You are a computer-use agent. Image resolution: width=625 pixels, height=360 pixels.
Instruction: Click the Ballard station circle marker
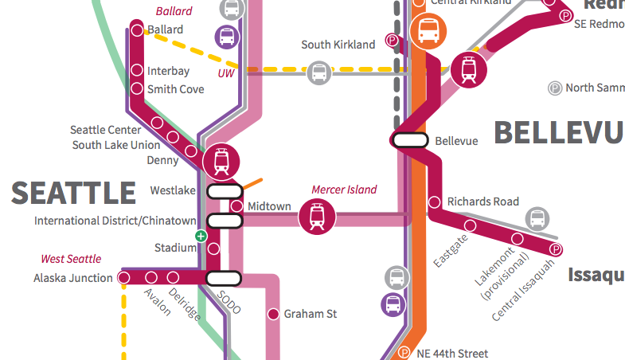coord(137,30)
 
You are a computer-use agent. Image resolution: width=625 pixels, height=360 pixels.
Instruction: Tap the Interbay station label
coord(168,71)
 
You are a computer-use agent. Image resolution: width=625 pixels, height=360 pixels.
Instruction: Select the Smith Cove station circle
coord(137,88)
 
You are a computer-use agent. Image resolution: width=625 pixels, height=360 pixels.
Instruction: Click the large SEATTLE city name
coord(73,193)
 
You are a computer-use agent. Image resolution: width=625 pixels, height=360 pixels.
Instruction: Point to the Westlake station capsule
coord(225,191)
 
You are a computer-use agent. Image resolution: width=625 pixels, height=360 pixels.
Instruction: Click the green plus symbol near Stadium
coord(201,236)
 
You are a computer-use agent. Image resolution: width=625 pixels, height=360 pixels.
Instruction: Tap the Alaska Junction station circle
coord(123,278)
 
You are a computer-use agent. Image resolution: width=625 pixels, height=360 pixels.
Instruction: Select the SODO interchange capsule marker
coord(224,278)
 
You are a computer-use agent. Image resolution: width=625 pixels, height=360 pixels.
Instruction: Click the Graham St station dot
coord(273,314)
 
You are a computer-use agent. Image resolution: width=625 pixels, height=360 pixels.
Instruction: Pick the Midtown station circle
coord(236,206)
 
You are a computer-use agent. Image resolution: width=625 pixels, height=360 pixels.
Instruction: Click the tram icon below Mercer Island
coord(317,216)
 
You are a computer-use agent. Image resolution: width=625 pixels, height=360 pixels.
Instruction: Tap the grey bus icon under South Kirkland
coord(319,72)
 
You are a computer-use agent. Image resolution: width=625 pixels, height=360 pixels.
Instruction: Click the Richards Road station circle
coord(435,202)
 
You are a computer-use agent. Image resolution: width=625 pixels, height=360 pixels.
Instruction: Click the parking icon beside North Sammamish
coord(555,88)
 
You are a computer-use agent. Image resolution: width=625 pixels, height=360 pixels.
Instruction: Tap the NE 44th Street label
coord(452,353)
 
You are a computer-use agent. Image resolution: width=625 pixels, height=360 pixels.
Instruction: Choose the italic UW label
coord(226,73)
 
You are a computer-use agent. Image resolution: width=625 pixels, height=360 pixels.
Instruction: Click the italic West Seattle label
coord(71,259)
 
